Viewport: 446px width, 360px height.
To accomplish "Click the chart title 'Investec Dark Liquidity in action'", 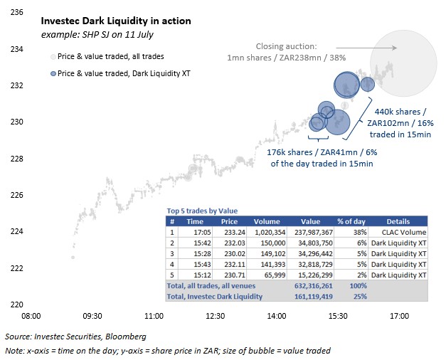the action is click(116, 21).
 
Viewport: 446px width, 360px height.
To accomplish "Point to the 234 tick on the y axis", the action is click(17, 49).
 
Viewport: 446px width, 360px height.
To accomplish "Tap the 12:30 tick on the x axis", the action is click(216, 316).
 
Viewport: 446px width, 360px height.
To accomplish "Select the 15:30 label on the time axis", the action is click(338, 316).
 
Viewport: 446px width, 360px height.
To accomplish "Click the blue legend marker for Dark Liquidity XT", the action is click(53, 74).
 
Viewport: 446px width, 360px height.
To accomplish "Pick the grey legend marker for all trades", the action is click(53, 57).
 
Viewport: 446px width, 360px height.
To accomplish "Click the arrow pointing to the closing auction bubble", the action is click(366, 48).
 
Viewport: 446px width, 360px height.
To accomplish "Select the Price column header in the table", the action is click(229, 221).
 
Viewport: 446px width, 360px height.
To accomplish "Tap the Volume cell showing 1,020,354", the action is click(270, 232).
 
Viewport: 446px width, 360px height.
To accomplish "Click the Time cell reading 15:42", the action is click(202, 243).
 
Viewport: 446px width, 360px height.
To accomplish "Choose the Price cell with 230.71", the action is click(234, 275).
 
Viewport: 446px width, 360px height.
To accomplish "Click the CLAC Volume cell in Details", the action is click(404, 232).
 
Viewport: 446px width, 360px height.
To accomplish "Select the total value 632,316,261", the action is click(314, 286).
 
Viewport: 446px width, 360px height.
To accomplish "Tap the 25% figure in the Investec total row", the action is click(360, 297).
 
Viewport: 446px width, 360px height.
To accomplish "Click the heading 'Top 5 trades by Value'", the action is click(202, 211).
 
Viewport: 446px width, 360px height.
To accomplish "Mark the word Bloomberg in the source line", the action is click(126, 337).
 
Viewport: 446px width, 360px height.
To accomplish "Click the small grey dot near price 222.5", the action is click(73, 258).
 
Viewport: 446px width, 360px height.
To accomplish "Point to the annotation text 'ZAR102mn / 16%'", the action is click(400, 123).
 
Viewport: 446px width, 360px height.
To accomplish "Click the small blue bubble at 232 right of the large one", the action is click(368, 84).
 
